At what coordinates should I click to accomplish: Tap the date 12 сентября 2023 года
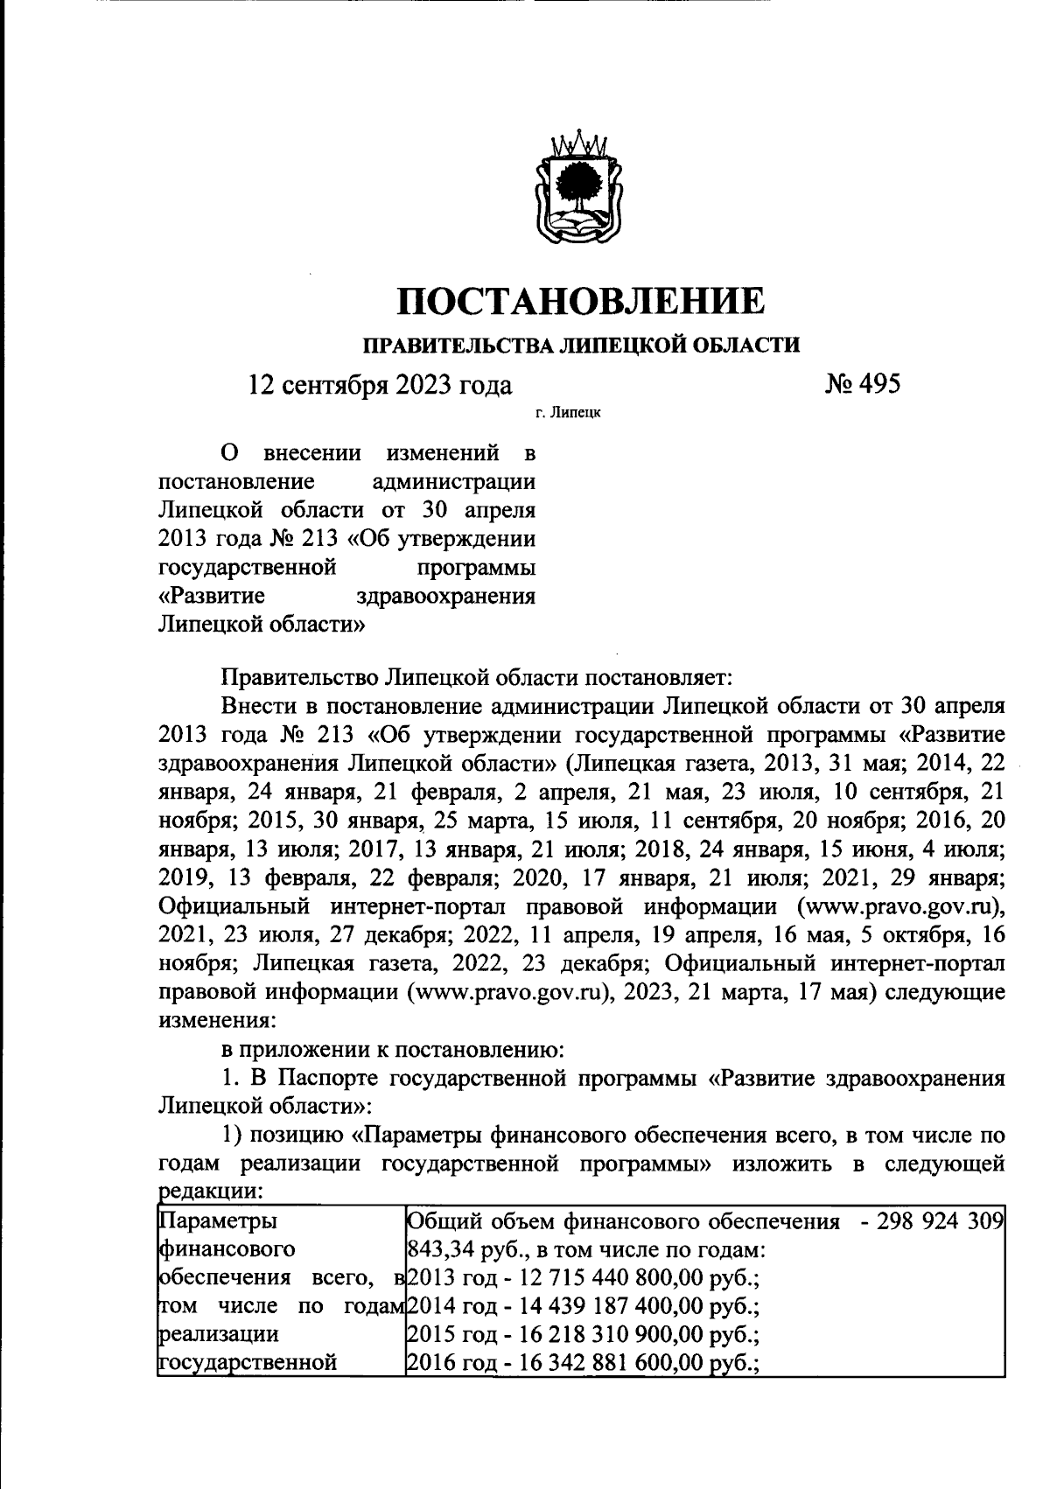381,385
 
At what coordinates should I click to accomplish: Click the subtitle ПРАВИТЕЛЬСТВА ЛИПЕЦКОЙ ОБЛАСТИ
581,344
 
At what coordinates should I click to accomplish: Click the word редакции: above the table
209,1191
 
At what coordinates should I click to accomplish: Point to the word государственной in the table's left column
248,1362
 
